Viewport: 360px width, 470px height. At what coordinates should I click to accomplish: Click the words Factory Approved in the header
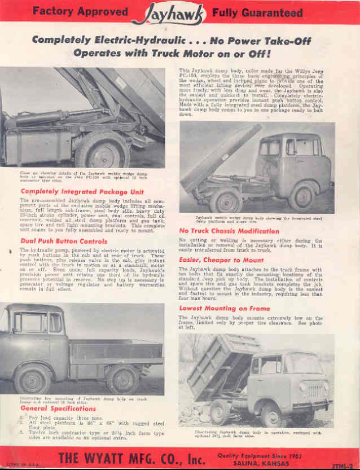click(81, 11)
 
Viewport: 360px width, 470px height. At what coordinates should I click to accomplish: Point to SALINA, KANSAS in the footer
click(260, 462)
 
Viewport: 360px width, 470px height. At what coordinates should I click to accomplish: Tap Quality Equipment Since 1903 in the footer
click(260, 453)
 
